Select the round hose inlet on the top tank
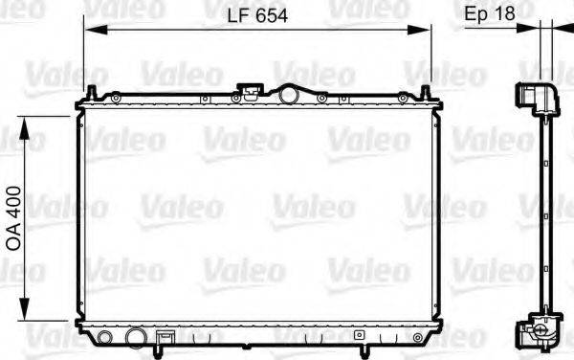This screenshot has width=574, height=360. point(290,94)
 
